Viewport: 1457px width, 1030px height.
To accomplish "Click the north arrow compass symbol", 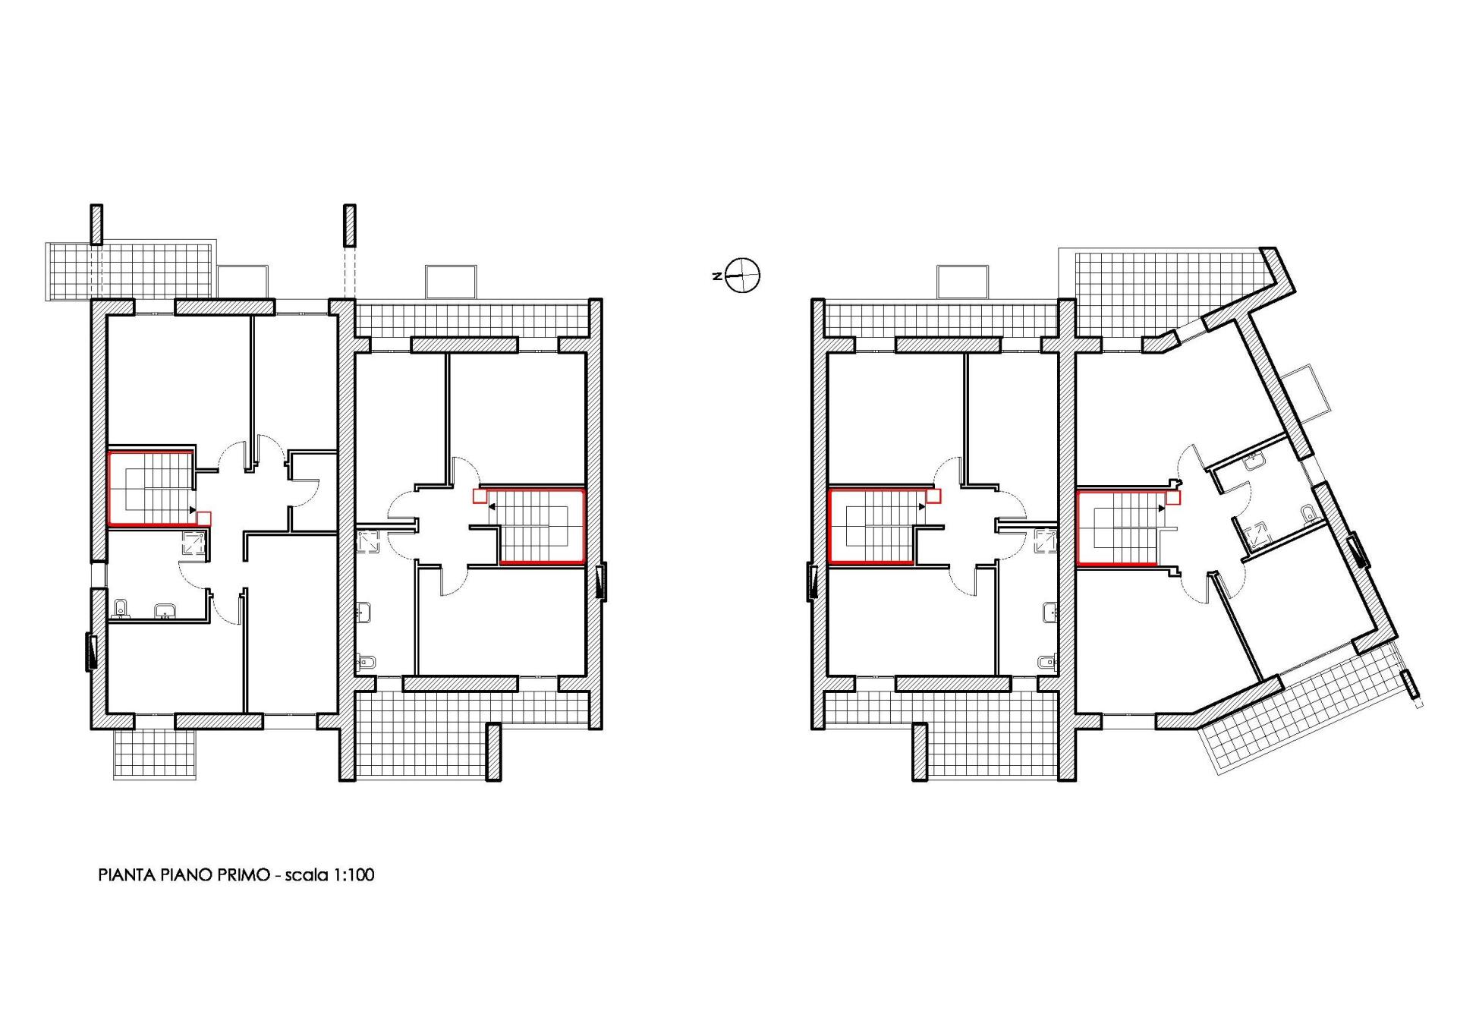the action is pyautogui.click(x=742, y=275).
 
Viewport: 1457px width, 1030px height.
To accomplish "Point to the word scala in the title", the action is pyautogui.click(x=307, y=875).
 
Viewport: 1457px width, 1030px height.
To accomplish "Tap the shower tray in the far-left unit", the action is pyautogui.click(x=193, y=543).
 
